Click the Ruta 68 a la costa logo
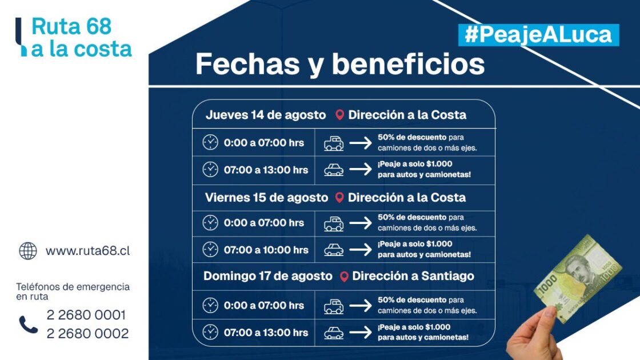tap(74, 38)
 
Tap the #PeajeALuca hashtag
tap(538, 35)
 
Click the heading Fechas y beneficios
tap(339, 65)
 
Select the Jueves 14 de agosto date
tap(266, 115)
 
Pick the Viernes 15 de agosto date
tap(266, 198)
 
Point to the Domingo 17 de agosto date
tap(267, 276)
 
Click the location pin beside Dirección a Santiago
tap(343, 277)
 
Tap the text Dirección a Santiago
tap(413, 276)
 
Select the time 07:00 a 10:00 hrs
tap(266, 250)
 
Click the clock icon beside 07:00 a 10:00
tap(210, 250)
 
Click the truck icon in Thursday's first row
tap(334, 143)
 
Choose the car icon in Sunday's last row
tap(334, 332)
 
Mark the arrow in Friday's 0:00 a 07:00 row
tap(361, 223)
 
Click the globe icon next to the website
tap(27, 251)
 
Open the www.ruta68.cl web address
tap(87, 251)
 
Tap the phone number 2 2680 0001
tap(86, 315)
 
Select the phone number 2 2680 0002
tap(87, 334)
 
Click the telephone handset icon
tap(28, 324)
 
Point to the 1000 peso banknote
tap(577, 277)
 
